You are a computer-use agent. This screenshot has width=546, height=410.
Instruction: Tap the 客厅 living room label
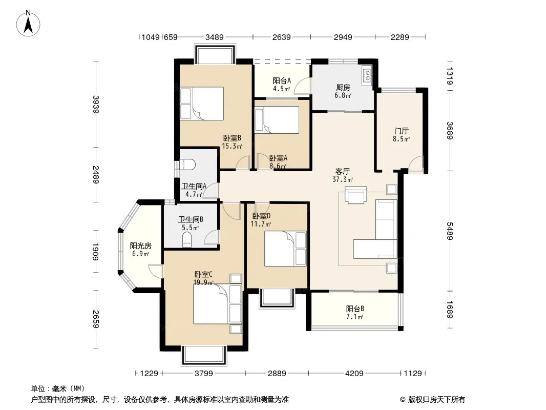pyautogui.click(x=342, y=171)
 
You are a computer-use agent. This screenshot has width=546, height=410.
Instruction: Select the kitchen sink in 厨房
pyautogui.click(x=367, y=75)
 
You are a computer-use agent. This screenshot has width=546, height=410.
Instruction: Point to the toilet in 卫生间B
pyautogui.click(x=187, y=240)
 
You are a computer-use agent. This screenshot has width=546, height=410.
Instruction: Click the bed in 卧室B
pyautogui.click(x=202, y=104)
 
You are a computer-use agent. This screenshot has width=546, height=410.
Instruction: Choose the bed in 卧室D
pyautogui.click(x=285, y=249)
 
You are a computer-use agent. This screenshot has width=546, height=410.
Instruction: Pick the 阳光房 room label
pyautogui.click(x=141, y=245)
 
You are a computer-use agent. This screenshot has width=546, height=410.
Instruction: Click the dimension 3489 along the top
pyautogui.click(x=215, y=37)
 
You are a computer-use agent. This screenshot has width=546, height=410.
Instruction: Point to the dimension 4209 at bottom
pyautogui.click(x=354, y=374)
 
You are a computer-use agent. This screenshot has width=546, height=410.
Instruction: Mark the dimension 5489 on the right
pyautogui.click(x=450, y=231)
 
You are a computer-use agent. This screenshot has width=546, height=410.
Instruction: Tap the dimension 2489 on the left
pyautogui.click(x=96, y=175)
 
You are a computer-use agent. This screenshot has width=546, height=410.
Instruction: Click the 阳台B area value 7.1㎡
pyautogui.click(x=355, y=317)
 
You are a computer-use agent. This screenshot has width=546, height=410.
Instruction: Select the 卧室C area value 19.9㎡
pyautogui.click(x=203, y=282)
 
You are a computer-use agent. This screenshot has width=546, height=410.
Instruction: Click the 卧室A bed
pyautogui.click(x=277, y=120)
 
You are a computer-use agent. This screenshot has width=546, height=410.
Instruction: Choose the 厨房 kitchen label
pyautogui.click(x=343, y=88)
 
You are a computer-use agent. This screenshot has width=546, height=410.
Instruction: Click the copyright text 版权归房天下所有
pyautogui.click(x=436, y=400)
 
